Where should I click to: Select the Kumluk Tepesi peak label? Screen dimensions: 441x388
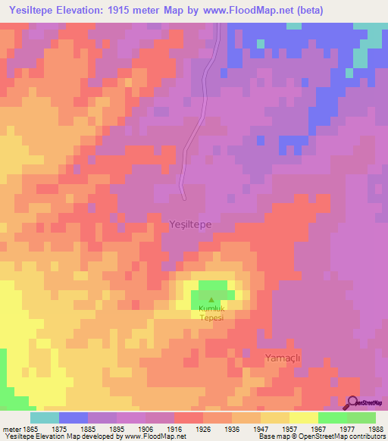[211, 314]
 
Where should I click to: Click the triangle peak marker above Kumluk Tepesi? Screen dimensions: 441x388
[211, 300]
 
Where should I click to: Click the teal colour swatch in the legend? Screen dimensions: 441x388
[45, 418]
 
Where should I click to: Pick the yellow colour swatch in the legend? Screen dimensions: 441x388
[303, 418]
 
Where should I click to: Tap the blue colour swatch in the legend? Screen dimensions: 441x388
[74, 418]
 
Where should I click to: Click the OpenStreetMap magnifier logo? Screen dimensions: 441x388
[352, 403]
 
